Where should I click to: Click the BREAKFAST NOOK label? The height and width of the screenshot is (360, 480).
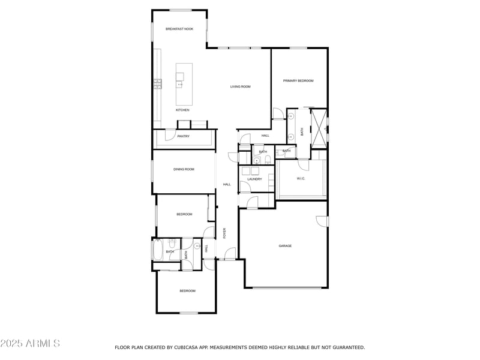[x=179, y=29]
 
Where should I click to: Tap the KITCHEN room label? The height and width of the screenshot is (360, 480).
[x=182, y=110]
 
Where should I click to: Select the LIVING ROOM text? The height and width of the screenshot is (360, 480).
[x=241, y=86]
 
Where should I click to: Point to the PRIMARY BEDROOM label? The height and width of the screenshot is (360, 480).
[x=298, y=81]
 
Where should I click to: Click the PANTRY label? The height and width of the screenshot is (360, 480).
[x=184, y=136]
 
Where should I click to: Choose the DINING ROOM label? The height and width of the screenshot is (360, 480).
[x=184, y=169]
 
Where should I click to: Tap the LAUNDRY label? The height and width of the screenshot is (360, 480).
[x=254, y=179]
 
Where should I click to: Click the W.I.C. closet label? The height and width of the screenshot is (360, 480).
[x=301, y=178]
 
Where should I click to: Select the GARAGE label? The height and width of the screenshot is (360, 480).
[x=285, y=246]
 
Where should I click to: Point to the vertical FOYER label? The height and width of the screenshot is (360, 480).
[x=224, y=233]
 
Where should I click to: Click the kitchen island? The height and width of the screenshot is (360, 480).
[x=184, y=84]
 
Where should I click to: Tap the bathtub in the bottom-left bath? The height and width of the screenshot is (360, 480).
[x=158, y=250]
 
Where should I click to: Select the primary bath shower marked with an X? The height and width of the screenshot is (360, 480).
[x=319, y=129]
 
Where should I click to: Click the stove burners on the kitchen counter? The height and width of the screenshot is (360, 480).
[x=158, y=84]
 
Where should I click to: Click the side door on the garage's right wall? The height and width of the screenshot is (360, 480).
[x=322, y=221]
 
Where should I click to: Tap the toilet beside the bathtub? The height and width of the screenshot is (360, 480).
[x=172, y=243]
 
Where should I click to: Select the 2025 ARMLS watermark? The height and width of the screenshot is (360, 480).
[x=30, y=343]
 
